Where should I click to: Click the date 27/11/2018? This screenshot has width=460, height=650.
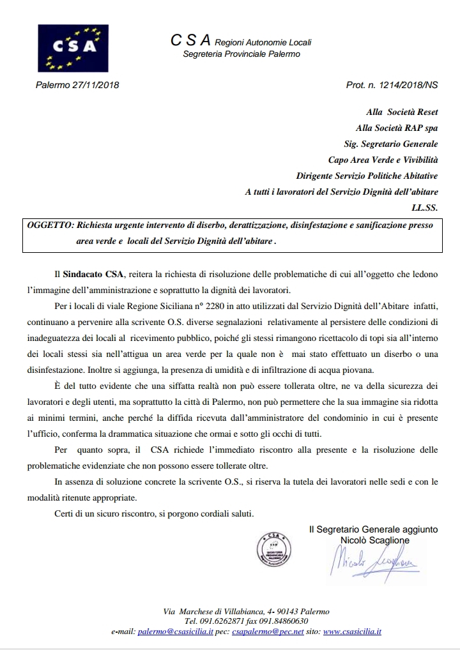(x=96, y=85)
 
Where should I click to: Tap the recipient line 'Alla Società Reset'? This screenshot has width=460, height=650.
(x=402, y=112)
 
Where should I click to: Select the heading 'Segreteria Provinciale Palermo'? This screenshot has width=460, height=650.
(x=241, y=54)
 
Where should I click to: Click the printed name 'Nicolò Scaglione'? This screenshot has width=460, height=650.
(x=375, y=540)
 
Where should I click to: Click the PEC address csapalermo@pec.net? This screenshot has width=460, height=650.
(x=258, y=631)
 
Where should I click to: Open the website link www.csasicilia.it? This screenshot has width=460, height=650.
(x=352, y=631)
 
